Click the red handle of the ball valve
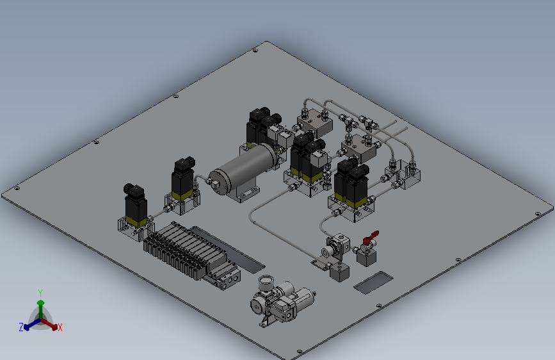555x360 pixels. pos(371,237)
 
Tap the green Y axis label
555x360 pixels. pos(40,293)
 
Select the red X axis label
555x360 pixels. pos(60,328)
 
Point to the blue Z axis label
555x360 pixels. pos(21,327)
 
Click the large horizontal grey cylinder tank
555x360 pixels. pos(243,168)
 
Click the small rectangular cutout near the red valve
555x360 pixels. pos(373,282)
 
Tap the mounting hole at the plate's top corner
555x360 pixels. pos(255,51)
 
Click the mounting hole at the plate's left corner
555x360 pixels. pos(16,188)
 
